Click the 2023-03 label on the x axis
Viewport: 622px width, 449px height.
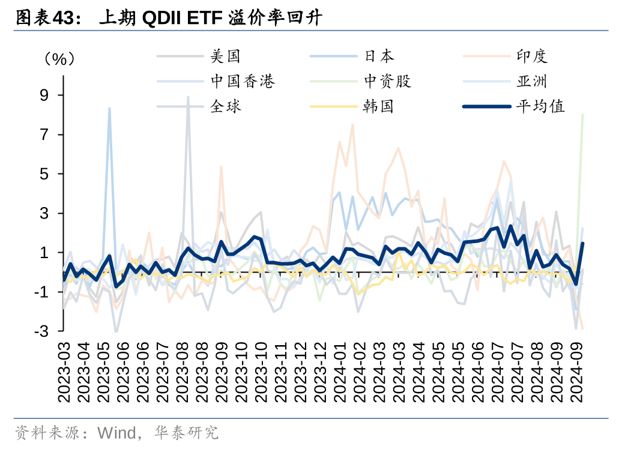coord(64,372)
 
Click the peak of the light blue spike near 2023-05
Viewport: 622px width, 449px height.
coord(109,109)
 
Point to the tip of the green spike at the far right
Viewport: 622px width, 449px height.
coord(582,114)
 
